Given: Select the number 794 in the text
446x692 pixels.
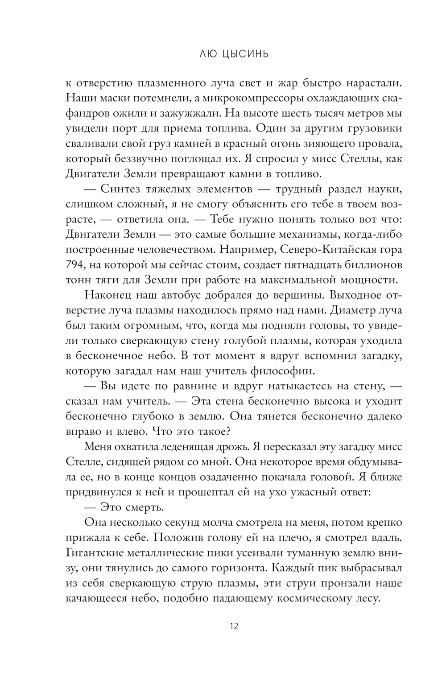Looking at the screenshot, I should coord(74,265).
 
